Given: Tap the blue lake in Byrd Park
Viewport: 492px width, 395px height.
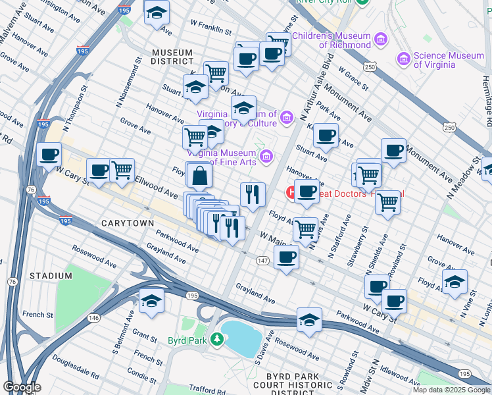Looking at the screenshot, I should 241,337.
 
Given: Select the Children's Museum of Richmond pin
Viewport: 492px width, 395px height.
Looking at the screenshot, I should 380,40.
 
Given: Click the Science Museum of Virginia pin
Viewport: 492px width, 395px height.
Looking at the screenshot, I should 405,60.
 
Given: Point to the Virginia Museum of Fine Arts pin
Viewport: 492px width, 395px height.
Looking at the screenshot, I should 266,157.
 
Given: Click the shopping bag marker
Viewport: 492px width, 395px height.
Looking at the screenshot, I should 199,176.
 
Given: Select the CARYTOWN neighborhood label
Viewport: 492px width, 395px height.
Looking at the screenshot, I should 128,224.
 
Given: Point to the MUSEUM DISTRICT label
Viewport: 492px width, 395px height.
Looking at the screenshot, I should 172,57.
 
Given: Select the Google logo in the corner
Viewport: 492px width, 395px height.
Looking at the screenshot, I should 22,387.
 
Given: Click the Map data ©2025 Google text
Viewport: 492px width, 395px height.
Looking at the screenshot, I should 451,390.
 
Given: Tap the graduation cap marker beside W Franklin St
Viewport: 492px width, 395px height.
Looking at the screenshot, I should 157,14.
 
